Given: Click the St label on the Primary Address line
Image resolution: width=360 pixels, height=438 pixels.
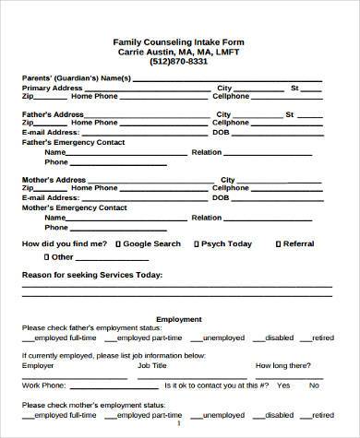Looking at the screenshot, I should pyautogui.click(x=294, y=88).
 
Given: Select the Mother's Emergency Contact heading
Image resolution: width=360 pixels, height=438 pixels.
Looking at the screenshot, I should pyautogui.click(x=73, y=207).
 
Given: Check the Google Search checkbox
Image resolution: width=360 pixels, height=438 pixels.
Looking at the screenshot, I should pyautogui.click(x=118, y=243).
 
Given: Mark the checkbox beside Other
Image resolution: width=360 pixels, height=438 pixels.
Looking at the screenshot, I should pyautogui.click(x=44, y=257).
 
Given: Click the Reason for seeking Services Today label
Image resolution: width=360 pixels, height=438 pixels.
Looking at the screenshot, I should pyautogui.click(x=92, y=275).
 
